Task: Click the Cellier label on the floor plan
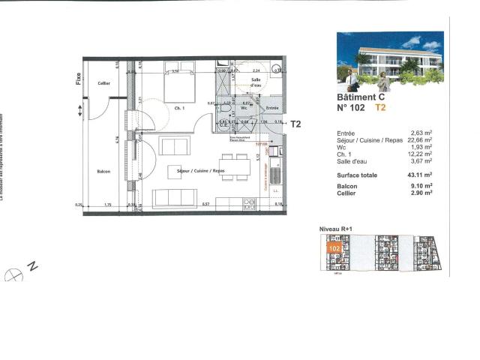[104, 83]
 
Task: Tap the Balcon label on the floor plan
[104, 172]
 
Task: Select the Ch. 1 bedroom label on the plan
[179, 108]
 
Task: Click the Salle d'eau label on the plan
[256, 82]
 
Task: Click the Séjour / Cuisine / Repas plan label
[201, 172]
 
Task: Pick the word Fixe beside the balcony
[78, 77]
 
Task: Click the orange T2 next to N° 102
[381, 108]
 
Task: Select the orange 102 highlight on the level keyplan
[334, 245]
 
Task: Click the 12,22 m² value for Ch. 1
[422, 154]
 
